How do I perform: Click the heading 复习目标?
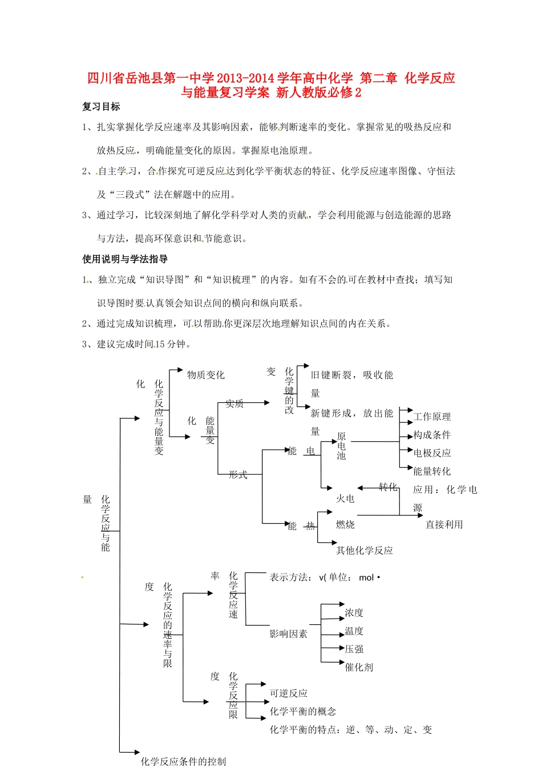[101, 107]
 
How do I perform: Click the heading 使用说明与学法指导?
[125, 259]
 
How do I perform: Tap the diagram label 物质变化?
[206, 375]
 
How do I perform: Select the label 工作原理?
[432, 417]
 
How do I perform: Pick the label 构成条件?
[432, 435]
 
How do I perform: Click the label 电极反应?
[432, 453]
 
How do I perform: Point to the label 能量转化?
[432, 471]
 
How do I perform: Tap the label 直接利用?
[444, 524]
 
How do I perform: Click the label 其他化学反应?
[364, 551]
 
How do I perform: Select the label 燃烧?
[345, 524]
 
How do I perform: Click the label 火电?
[345, 499]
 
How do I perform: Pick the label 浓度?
[354, 613]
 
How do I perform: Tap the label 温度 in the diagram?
[354, 631]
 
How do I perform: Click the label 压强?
[354, 649]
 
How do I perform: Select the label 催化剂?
[359, 668]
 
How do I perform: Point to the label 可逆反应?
[289, 693]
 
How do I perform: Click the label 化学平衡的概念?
[303, 712]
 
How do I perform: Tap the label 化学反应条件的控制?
[183, 761]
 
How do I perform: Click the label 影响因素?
[289, 634]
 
